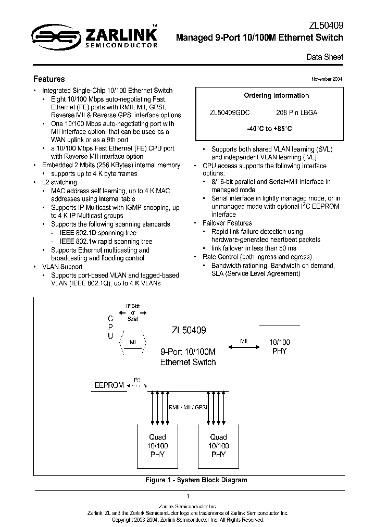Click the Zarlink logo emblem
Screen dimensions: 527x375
(x=53, y=36)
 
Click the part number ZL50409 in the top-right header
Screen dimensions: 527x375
(x=327, y=25)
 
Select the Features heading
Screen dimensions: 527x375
(x=49, y=79)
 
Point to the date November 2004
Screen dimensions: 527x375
(x=327, y=79)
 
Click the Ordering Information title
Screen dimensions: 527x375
(x=276, y=96)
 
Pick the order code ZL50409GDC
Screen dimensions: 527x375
(x=230, y=112)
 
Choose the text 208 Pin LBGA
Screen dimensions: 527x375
(x=296, y=112)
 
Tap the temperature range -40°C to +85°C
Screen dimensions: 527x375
(x=269, y=129)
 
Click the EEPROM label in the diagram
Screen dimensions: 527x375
(x=109, y=385)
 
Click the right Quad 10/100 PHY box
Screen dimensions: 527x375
(x=219, y=446)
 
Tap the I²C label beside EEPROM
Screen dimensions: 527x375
(x=137, y=381)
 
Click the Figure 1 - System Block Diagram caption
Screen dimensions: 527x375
(x=196, y=480)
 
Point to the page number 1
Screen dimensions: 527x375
(x=187, y=496)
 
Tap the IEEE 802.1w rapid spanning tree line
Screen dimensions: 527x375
(x=106, y=242)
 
